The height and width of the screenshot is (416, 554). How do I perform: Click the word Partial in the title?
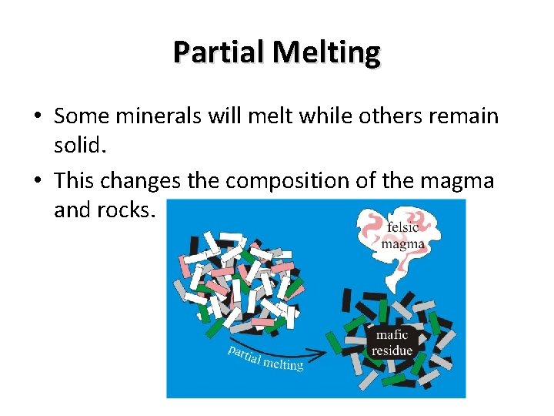(219, 52)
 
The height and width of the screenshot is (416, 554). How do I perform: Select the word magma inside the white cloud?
(403, 244)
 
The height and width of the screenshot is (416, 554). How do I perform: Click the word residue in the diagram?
(392, 351)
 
